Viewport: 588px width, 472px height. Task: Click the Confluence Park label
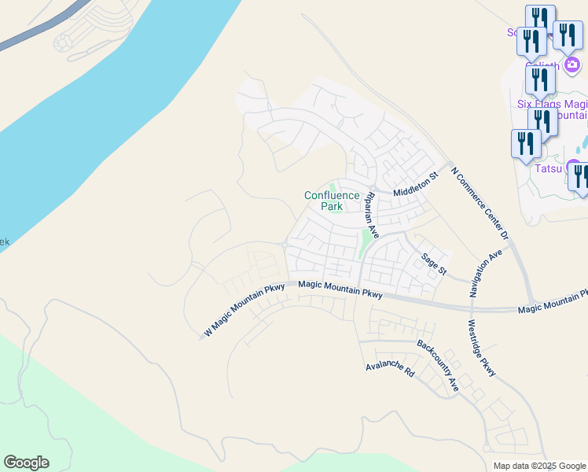(332, 201)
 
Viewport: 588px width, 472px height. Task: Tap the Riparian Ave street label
(369, 215)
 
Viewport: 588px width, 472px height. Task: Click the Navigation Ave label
(486, 274)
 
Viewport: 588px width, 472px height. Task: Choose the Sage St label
(433, 264)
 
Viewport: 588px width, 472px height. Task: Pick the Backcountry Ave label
(438, 365)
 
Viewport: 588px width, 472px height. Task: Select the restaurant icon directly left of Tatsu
(524, 143)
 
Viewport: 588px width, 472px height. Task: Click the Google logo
(26, 463)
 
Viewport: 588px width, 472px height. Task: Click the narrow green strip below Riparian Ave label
(363, 245)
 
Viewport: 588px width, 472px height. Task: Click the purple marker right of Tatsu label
(575, 169)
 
